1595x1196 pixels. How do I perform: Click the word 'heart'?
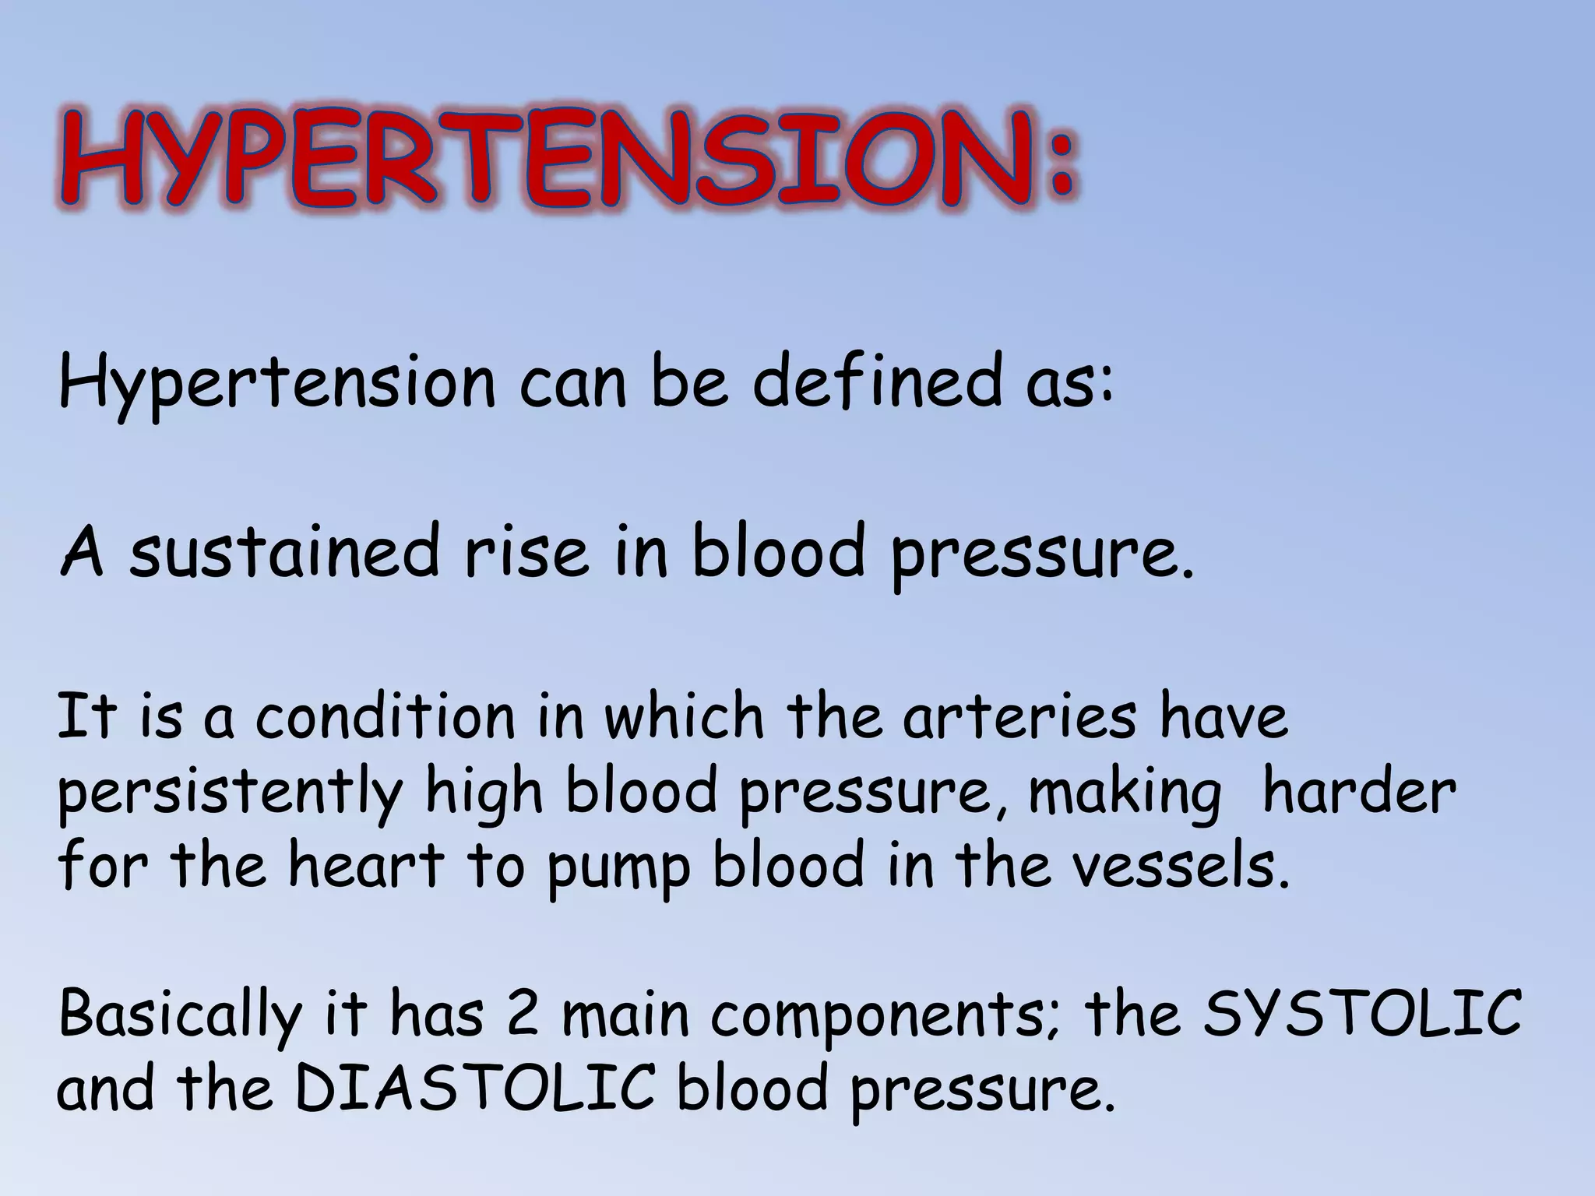[x=366, y=866]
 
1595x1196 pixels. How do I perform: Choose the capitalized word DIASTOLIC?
[x=475, y=1089]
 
